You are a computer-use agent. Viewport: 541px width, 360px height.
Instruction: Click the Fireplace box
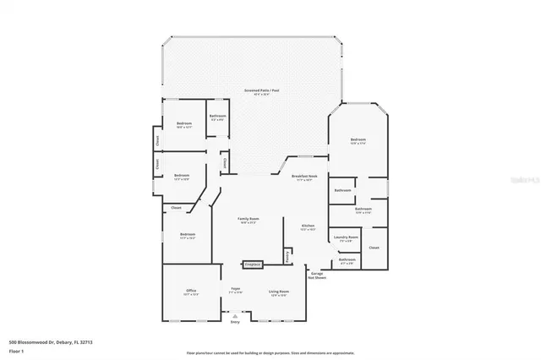pyautogui.click(x=252, y=265)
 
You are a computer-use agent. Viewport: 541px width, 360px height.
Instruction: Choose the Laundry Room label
pyautogui.click(x=344, y=238)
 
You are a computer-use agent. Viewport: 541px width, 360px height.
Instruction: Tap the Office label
pyautogui.click(x=191, y=292)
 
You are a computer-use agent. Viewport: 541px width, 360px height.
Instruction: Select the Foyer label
pyautogui.click(x=236, y=290)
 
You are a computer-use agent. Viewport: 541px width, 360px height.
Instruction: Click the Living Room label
pyautogui.click(x=278, y=292)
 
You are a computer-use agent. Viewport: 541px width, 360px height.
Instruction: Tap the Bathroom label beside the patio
pyautogui.click(x=217, y=116)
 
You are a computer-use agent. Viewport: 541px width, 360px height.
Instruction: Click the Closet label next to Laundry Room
pyautogui.click(x=374, y=248)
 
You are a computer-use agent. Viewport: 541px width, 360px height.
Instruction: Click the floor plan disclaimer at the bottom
pyautogui.click(x=270, y=352)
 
